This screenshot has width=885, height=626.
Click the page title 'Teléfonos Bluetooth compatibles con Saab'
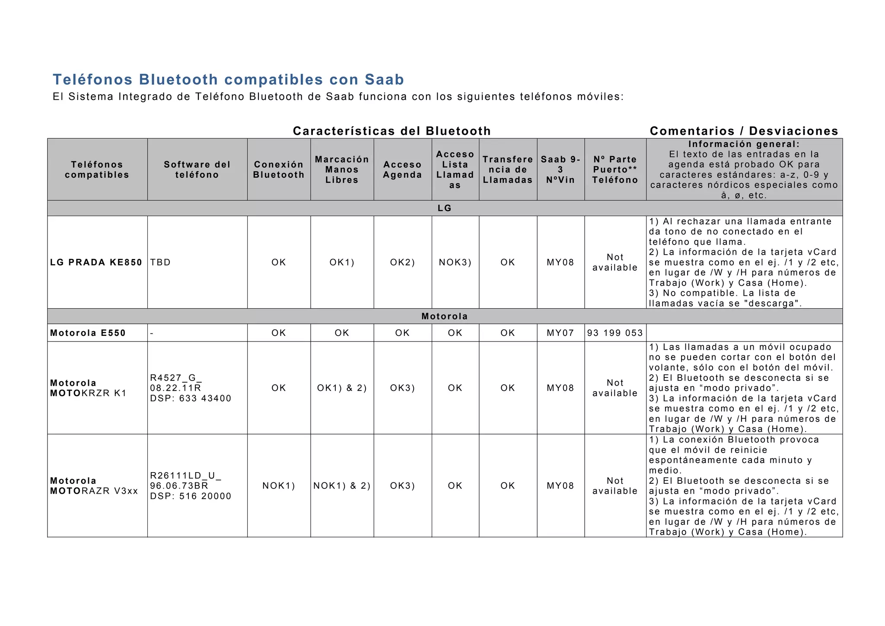coord(228,80)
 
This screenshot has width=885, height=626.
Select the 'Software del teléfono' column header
coord(197,169)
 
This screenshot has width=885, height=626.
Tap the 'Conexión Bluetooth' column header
coord(279,169)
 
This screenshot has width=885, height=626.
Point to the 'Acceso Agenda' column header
coord(402,169)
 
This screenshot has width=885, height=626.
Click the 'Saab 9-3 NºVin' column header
coord(560,169)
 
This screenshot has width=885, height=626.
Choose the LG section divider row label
coord(445,208)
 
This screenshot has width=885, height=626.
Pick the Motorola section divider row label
coord(445,316)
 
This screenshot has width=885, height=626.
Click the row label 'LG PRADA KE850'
coord(96,262)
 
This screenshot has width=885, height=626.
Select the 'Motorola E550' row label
coord(88,333)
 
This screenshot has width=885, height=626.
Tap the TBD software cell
coord(161,262)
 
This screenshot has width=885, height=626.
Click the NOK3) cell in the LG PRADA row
coord(455,262)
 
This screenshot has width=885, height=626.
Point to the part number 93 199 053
coord(615,333)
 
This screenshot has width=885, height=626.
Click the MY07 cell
coord(560,333)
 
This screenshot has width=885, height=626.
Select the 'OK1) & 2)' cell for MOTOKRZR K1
coord(342,388)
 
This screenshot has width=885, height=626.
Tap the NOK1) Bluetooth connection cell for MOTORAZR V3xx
coord(279,485)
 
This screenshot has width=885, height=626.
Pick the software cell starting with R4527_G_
coord(191,388)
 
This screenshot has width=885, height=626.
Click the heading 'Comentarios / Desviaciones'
coord(744,131)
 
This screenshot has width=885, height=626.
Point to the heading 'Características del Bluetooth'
coord(392,131)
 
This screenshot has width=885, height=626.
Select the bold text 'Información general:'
coord(744,144)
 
